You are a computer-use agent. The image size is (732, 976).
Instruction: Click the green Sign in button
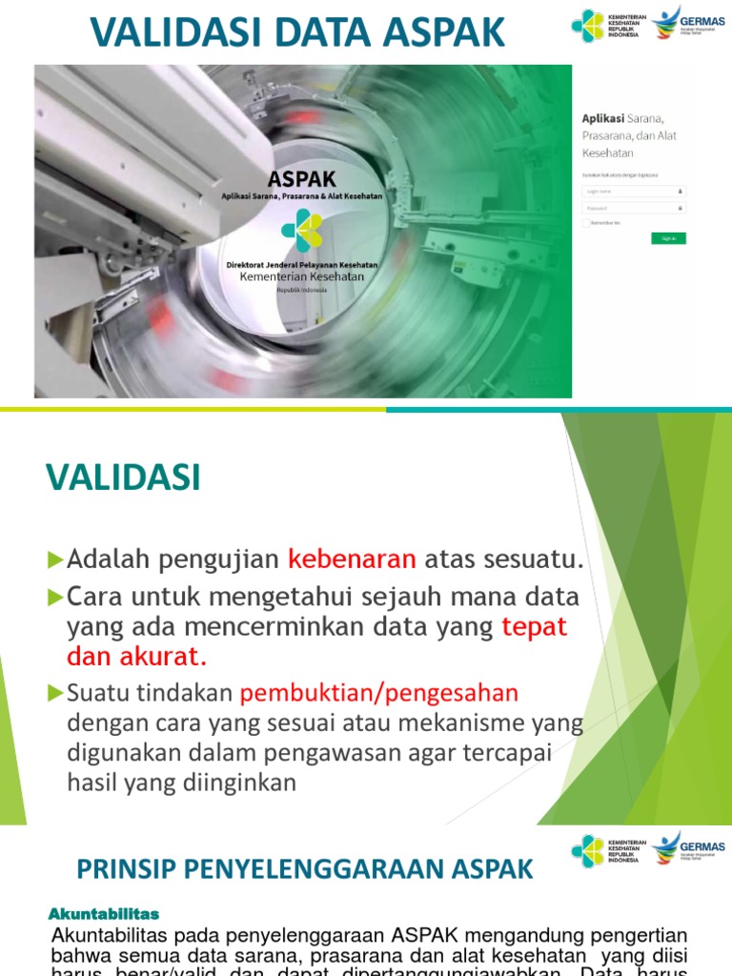pos(668,238)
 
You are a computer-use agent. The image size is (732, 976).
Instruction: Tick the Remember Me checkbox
pos(586,223)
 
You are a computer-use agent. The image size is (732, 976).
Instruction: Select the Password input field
pos(634,207)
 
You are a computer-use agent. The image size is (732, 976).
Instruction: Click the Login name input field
pos(634,191)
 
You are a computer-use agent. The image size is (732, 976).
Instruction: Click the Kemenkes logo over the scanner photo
pos(301,230)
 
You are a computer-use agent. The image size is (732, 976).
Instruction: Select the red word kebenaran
pos(352,559)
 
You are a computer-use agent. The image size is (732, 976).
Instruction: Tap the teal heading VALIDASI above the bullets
pos(124,478)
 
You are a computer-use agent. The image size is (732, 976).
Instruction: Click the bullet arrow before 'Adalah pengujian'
pos(55,558)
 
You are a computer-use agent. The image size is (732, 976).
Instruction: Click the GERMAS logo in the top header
pos(688,23)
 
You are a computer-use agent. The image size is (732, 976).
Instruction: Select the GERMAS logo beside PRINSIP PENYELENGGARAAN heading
pos(688,849)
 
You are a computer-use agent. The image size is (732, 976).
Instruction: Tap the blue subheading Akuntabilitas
pos(104,914)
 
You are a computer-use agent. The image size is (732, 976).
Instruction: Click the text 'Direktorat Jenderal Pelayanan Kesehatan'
pos(301,264)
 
